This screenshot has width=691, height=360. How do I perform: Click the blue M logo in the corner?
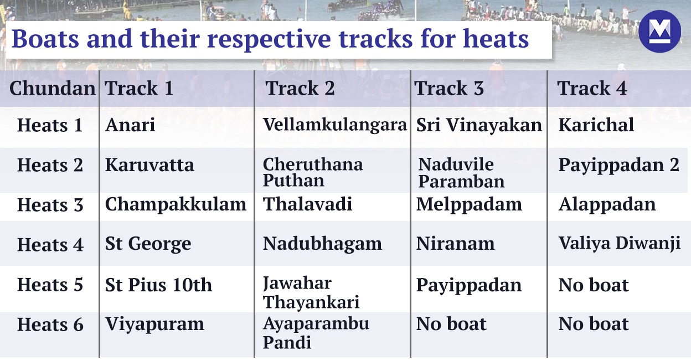tap(659, 32)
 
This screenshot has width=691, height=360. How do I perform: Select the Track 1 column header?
tap(139, 89)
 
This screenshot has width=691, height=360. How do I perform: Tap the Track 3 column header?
tap(449, 89)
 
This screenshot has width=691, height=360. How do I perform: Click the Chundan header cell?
tap(52, 89)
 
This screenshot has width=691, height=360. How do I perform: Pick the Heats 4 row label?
tap(50, 244)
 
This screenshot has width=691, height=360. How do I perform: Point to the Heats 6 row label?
tap(50, 325)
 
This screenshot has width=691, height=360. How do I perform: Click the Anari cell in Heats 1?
tap(130, 125)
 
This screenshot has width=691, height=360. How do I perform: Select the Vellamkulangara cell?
tap(334, 125)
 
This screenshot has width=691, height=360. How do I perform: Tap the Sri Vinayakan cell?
tap(479, 125)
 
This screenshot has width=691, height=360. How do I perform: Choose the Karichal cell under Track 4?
tap(596, 125)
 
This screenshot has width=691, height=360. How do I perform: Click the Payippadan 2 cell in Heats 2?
tap(618, 165)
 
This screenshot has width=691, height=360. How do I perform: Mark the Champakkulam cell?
tap(176, 204)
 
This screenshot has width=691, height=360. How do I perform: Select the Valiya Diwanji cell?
tap(619, 244)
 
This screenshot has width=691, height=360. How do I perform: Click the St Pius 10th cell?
tap(158, 285)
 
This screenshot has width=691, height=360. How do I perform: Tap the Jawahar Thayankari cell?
tap(311, 293)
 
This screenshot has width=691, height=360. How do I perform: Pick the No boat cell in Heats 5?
tap(594, 285)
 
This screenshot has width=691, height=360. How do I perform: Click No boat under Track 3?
tap(451, 324)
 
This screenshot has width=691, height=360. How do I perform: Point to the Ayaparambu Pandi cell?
tap(316, 333)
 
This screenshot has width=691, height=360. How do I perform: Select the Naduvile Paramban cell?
tap(461, 173)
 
